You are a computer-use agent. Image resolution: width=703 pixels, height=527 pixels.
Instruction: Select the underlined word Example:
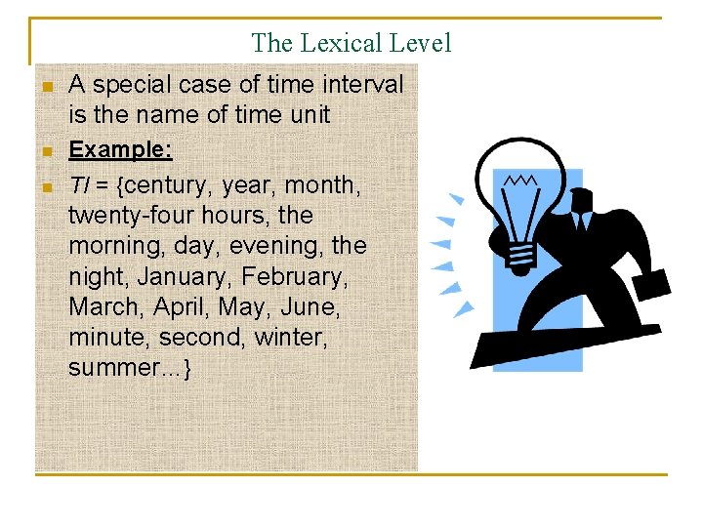[120, 150]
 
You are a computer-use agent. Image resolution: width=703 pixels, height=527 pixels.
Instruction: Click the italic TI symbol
[80, 184]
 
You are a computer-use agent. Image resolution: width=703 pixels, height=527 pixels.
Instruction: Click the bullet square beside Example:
[45, 151]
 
